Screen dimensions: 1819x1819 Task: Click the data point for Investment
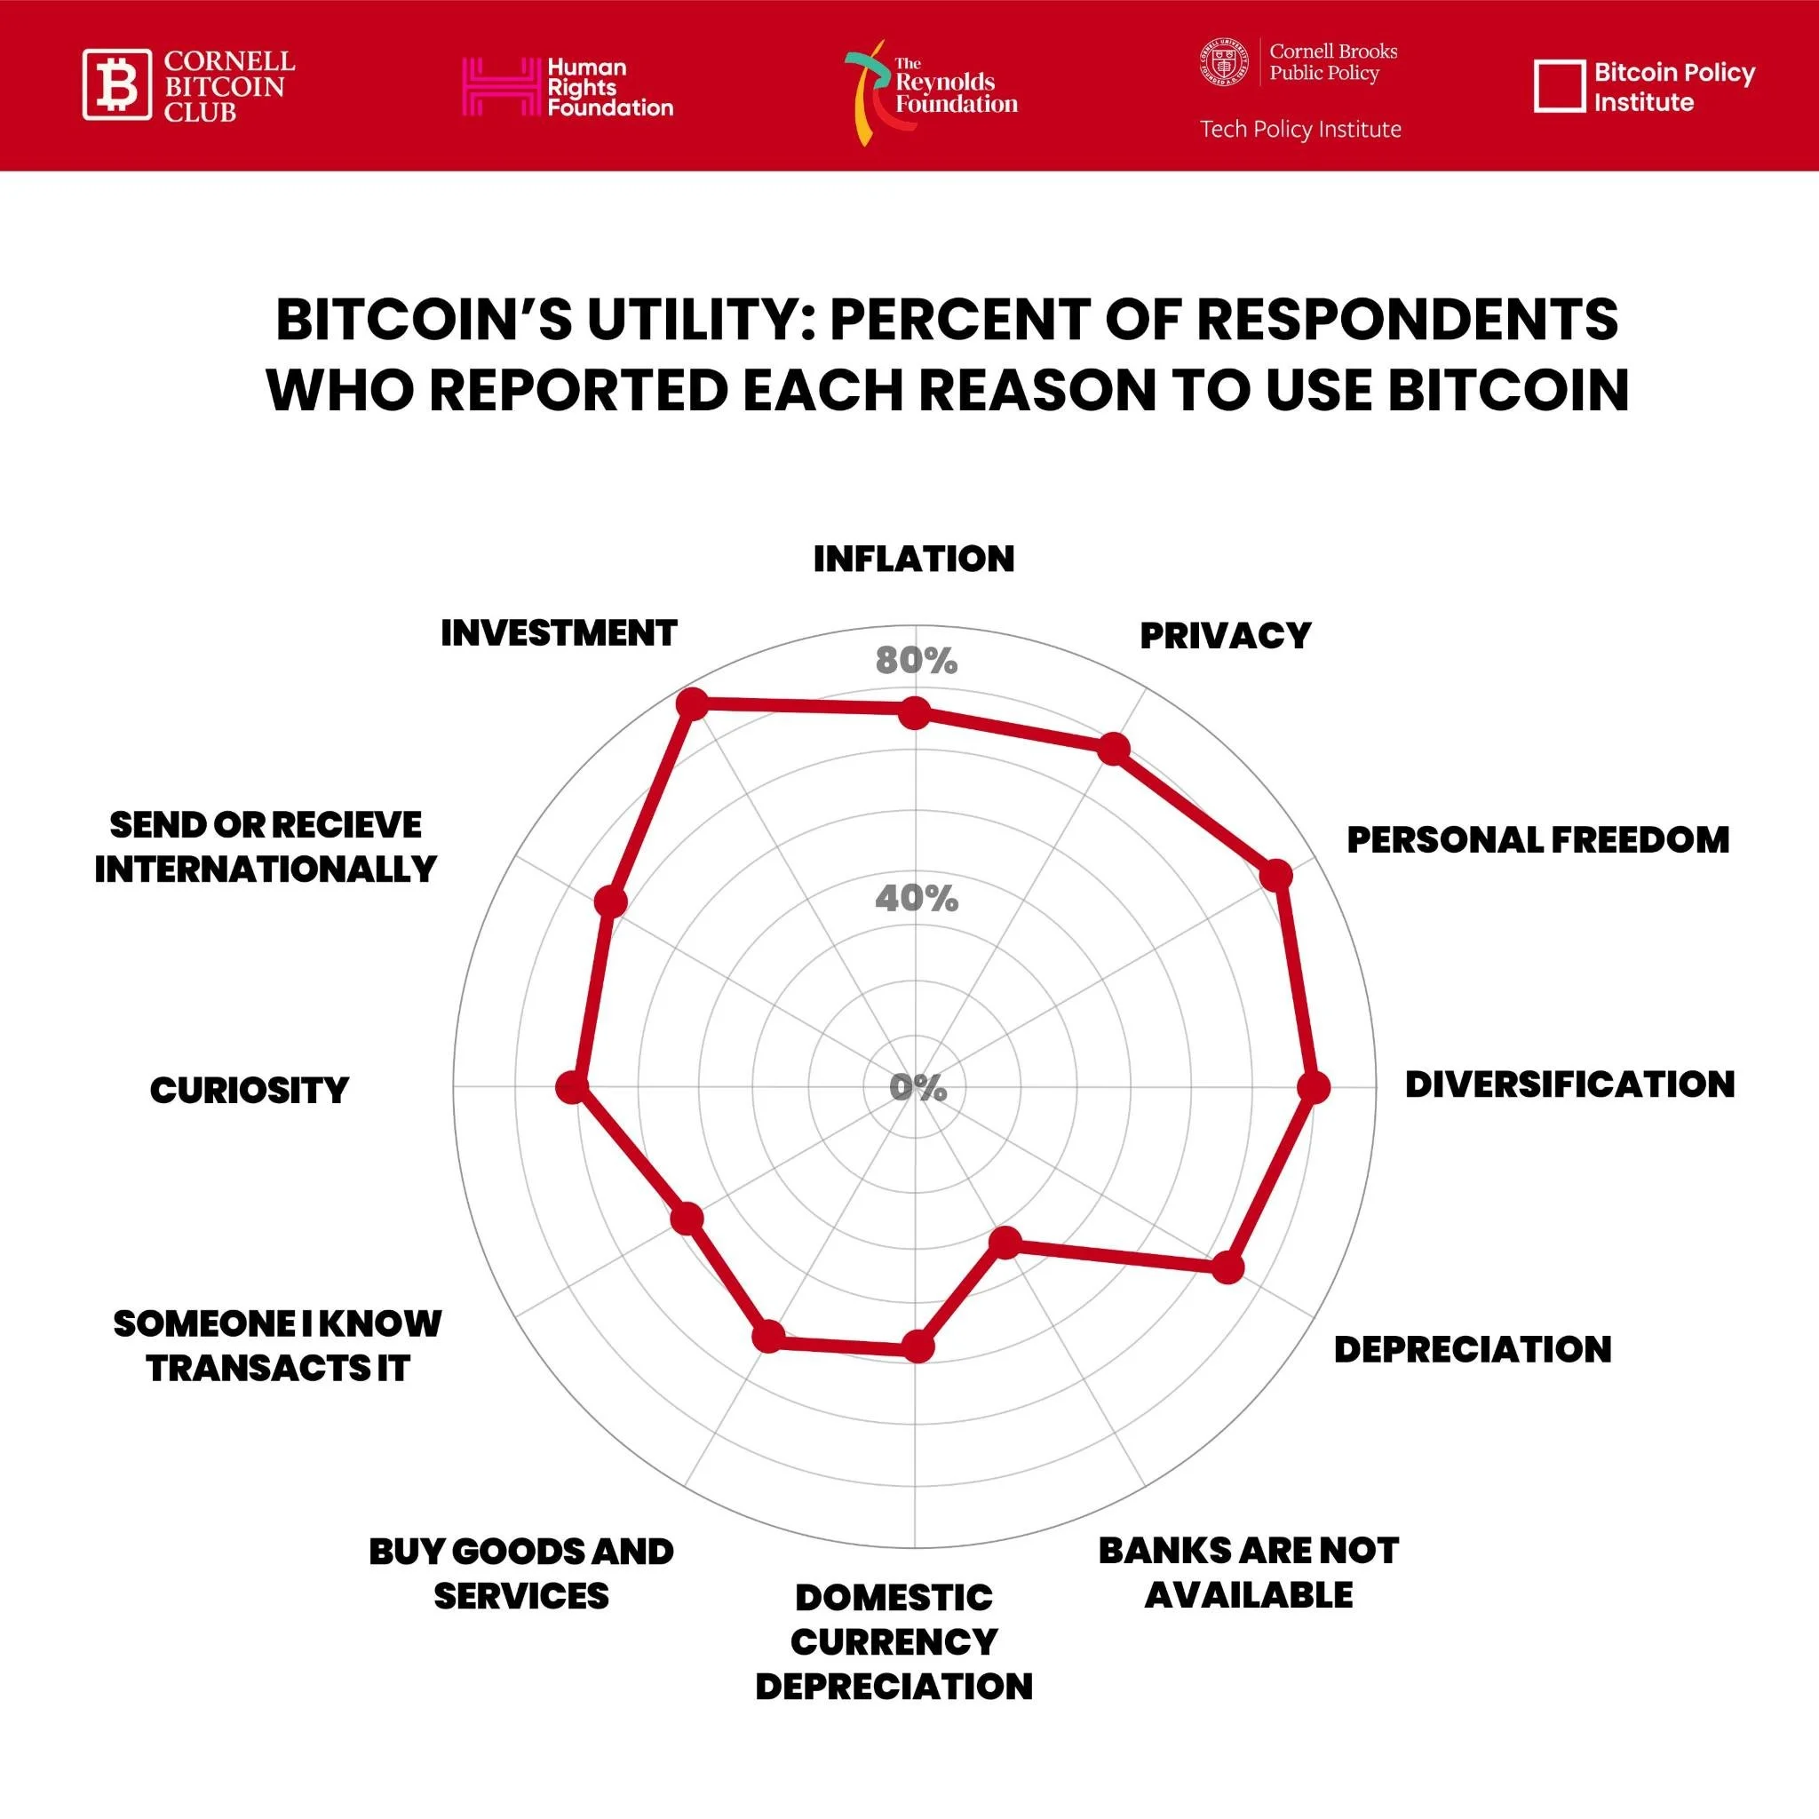click(692, 703)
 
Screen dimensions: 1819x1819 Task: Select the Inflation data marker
click(914, 712)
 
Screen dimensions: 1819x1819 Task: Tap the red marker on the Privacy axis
click(1114, 749)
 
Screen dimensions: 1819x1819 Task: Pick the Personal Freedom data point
click(1275, 875)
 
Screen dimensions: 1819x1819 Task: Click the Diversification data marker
click(1314, 1087)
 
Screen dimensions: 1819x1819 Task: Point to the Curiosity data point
click(570, 1087)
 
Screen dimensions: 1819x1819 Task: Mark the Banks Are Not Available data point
click(1005, 1242)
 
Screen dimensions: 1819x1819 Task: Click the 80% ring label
click(916, 661)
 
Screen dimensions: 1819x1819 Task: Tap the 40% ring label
click(916, 899)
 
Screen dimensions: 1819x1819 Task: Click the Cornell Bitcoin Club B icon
click(116, 84)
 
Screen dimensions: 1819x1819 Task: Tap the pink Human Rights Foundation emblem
click(498, 87)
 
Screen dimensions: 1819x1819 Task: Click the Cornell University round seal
click(1224, 63)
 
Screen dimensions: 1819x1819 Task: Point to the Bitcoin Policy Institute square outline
click(1559, 87)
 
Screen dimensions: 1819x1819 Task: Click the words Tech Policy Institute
click(1300, 129)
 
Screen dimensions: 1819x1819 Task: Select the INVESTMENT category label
click(559, 633)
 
